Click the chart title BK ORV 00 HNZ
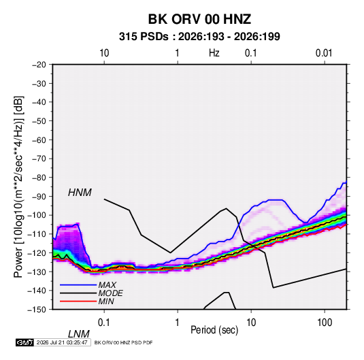pyautogui.click(x=199, y=19)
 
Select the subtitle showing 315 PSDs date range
pyautogui.click(x=199, y=37)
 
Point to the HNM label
pyautogui.click(x=80, y=193)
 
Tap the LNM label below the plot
pyautogui.click(x=79, y=334)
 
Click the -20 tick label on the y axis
pyautogui.click(x=39, y=65)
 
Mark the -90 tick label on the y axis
pyautogui.click(x=39, y=196)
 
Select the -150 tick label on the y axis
pyautogui.click(x=37, y=310)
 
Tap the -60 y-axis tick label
pyautogui.click(x=39, y=140)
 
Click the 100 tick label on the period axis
pyautogui.click(x=325, y=323)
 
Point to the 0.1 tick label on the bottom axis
pyautogui.click(x=104, y=323)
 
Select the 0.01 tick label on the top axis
pyautogui.click(x=324, y=53)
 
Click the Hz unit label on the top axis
pyautogui.click(x=214, y=53)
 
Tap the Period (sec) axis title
pyautogui.click(x=214, y=330)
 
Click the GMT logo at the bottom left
pyautogui.click(x=25, y=342)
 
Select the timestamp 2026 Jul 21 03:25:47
pyautogui.click(x=62, y=342)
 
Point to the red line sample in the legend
pyautogui.click(x=78, y=301)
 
